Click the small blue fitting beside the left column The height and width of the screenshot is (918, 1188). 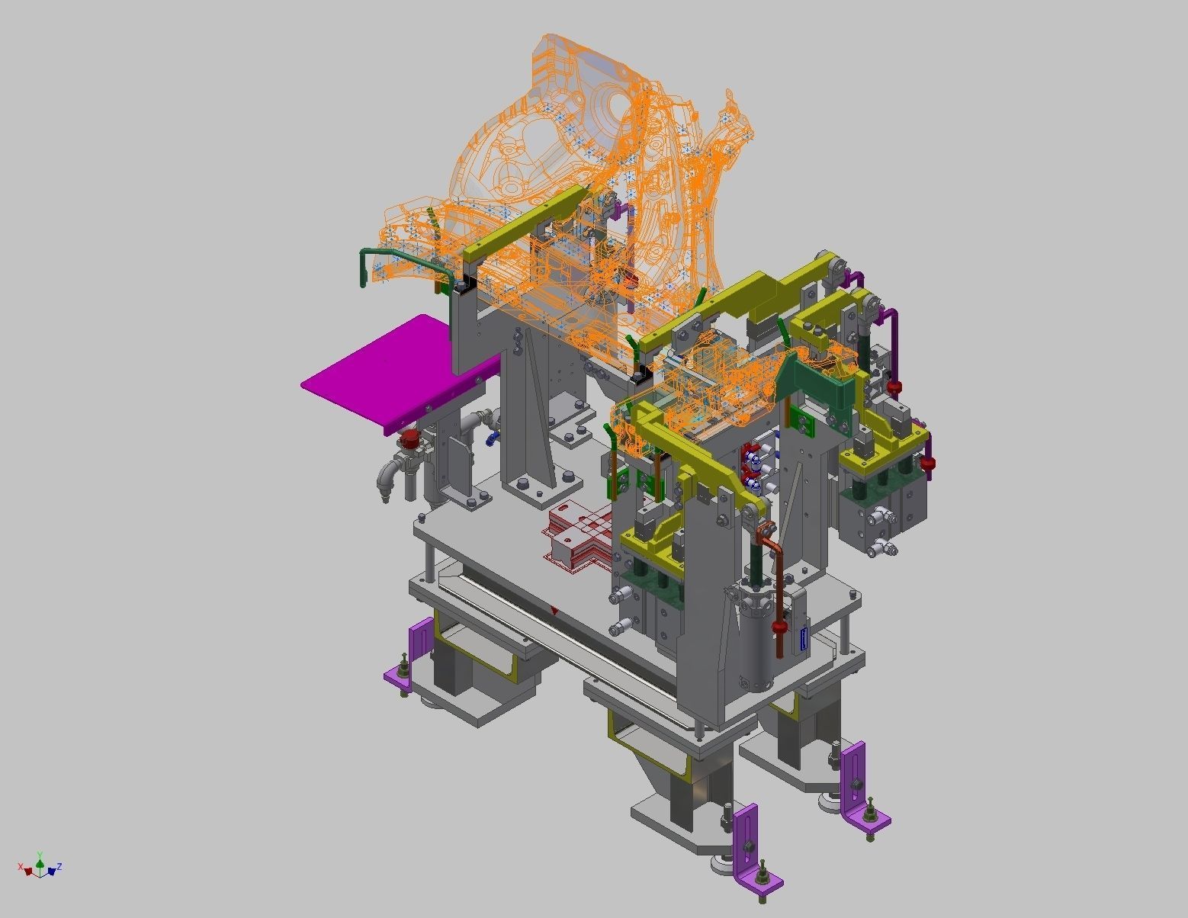[493, 438]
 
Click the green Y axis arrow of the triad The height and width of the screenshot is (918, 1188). [40, 859]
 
